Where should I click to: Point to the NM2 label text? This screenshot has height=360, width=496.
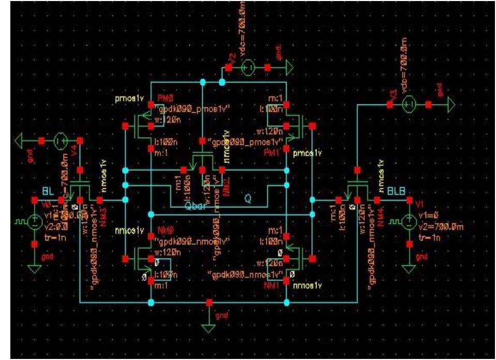(x=226, y=178)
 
